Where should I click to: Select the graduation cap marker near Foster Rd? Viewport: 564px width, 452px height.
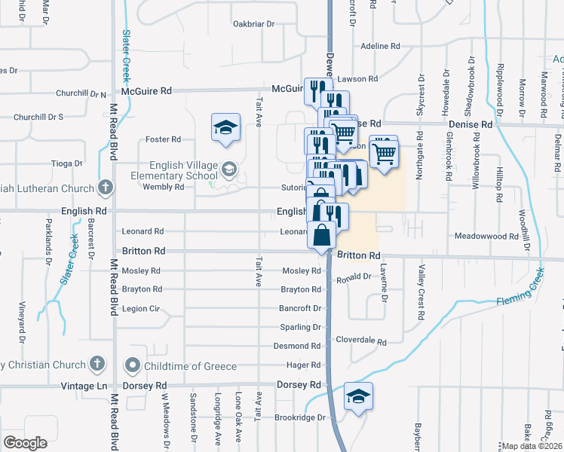coord(225,129)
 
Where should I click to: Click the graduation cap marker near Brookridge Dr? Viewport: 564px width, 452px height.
coord(358,397)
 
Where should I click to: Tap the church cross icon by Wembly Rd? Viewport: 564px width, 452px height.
coord(105,188)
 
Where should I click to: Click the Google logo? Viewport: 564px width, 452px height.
coord(25,443)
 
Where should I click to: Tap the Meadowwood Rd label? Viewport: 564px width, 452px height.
coord(486,236)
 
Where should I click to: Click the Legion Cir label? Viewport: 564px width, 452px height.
coord(142,309)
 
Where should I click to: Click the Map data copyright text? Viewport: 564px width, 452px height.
coord(532,446)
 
